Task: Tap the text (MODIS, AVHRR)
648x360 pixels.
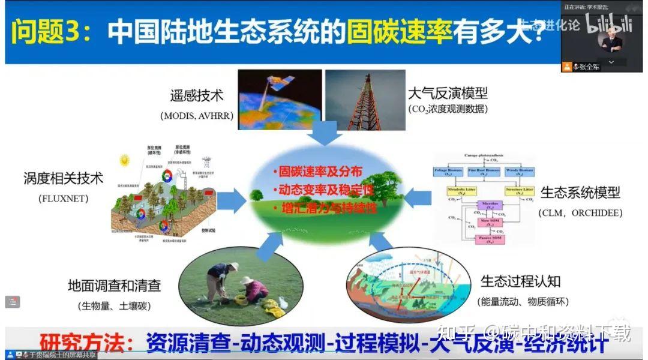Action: tap(196, 115)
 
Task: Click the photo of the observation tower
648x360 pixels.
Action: tap(365, 99)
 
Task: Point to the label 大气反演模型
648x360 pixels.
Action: tap(448, 94)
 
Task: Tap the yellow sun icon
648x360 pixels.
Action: tap(125, 160)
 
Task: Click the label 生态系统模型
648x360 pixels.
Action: tap(580, 193)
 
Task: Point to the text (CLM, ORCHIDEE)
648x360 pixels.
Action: tap(580, 213)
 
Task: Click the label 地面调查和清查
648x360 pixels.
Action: tap(114, 286)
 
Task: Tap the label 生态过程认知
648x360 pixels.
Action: tap(520, 281)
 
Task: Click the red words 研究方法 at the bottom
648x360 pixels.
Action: tap(88, 343)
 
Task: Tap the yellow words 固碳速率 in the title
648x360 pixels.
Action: tap(400, 30)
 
